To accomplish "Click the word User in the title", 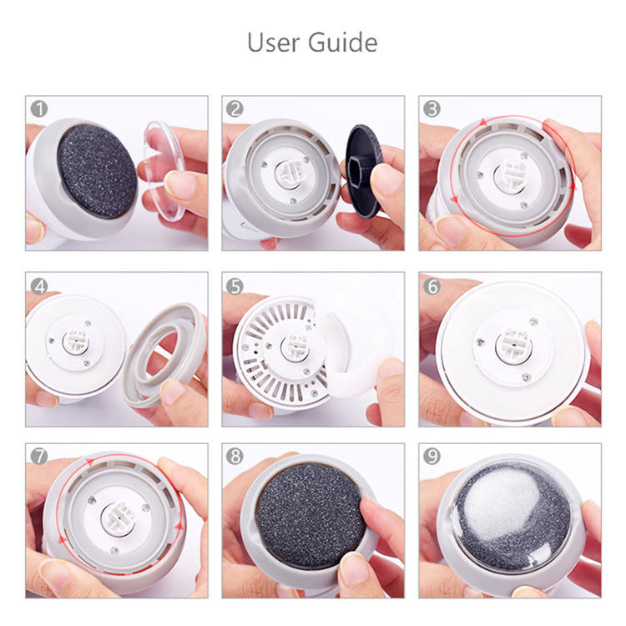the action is point(273,43).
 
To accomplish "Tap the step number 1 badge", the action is point(39,109).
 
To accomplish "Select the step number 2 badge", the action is point(235,109).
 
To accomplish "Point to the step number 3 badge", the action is point(432,109).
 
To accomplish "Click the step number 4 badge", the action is point(39,285).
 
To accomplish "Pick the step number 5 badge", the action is point(235,285).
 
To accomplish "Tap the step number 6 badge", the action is point(432,285).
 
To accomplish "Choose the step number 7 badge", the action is point(39,456).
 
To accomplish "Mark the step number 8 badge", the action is point(235,456).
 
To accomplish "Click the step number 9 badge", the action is point(432,456).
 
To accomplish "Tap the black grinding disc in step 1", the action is point(97,171).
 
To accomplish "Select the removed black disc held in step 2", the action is point(362,171).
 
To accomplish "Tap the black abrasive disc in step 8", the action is point(310,515).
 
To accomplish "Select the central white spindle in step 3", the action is point(512,176).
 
